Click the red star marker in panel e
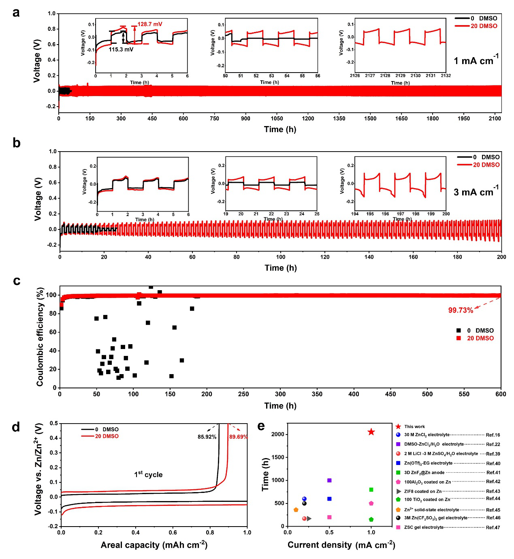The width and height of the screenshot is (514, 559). click(x=371, y=432)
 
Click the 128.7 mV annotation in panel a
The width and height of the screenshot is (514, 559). click(x=150, y=24)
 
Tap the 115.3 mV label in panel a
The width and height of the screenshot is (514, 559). click(x=121, y=49)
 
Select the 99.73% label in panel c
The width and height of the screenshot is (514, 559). click(x=461, y=310)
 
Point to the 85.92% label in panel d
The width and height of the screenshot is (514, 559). click(x=207, y=437)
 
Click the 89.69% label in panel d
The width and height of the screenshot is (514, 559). click(x=239, y=437)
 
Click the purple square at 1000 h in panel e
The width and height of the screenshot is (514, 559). click(x=329, y=480)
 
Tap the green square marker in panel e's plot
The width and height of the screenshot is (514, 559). click(x=371, y=490)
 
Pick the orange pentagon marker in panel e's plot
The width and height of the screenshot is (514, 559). click(x=296, y=510)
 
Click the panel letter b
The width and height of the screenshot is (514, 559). click(x=16, y=143)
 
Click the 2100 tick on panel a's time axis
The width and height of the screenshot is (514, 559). click(x=495, y=118)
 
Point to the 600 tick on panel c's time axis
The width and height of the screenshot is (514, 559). click(x=501, y=394)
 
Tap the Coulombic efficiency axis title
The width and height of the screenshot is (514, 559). click(x=40, y=337)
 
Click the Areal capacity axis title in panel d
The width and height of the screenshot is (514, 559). click(x=154, y=545)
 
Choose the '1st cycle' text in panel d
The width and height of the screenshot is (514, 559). click(x=148, y=474)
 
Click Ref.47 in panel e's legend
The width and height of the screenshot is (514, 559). click(x=493, y=527)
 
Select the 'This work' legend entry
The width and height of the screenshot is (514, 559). click(x=414, y=426)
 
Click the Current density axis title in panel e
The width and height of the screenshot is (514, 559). click(x=341, y=545)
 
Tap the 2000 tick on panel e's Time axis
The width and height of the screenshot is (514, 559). click(x=278, y=434)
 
